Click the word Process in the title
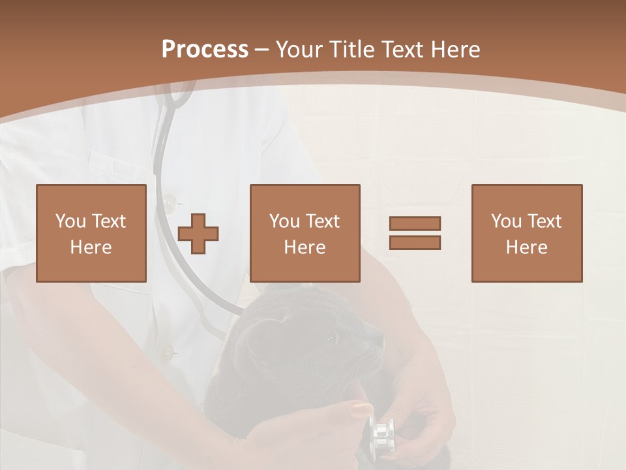[205, 50]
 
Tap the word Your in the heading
[301, 50]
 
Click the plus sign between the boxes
[199, 233]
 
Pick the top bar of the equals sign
[415, 223]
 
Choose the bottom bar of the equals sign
[415, 243]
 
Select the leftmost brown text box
[91, 233]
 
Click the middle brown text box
[305, 233]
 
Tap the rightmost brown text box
[526, 233]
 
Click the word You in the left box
[70, 221]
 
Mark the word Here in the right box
[526, 247]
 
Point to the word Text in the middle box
[323, 221]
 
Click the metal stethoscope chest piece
[381, 433]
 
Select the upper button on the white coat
[170, 202]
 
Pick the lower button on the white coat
[168, 353]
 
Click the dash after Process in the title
[262, 50]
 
